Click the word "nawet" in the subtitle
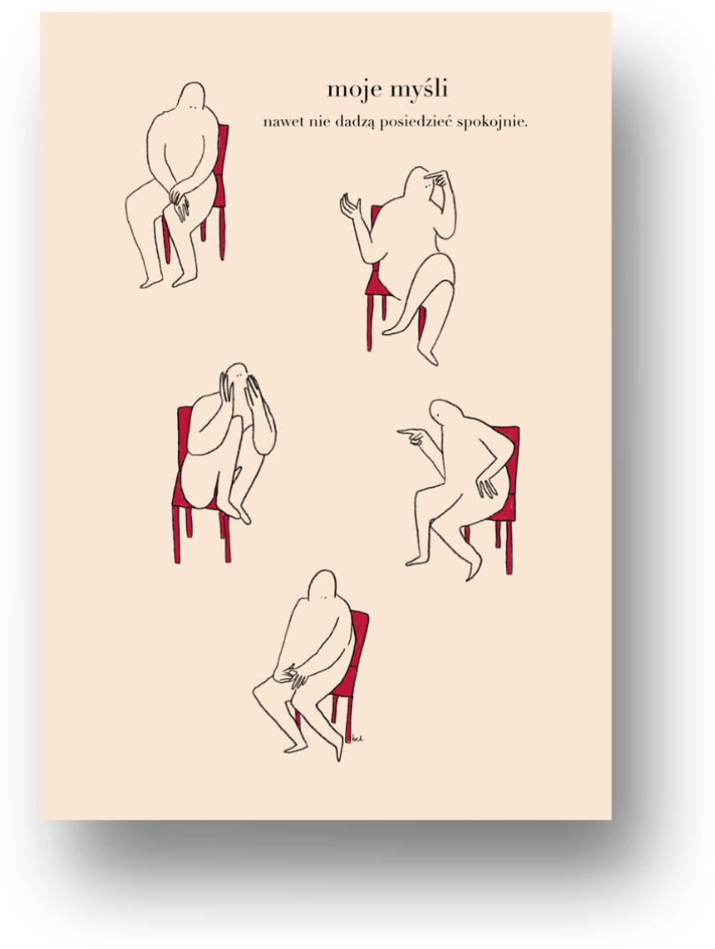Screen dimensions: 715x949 (281, 123)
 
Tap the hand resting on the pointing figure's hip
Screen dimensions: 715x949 (487, 487)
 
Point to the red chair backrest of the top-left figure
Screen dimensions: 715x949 (222, 164)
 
